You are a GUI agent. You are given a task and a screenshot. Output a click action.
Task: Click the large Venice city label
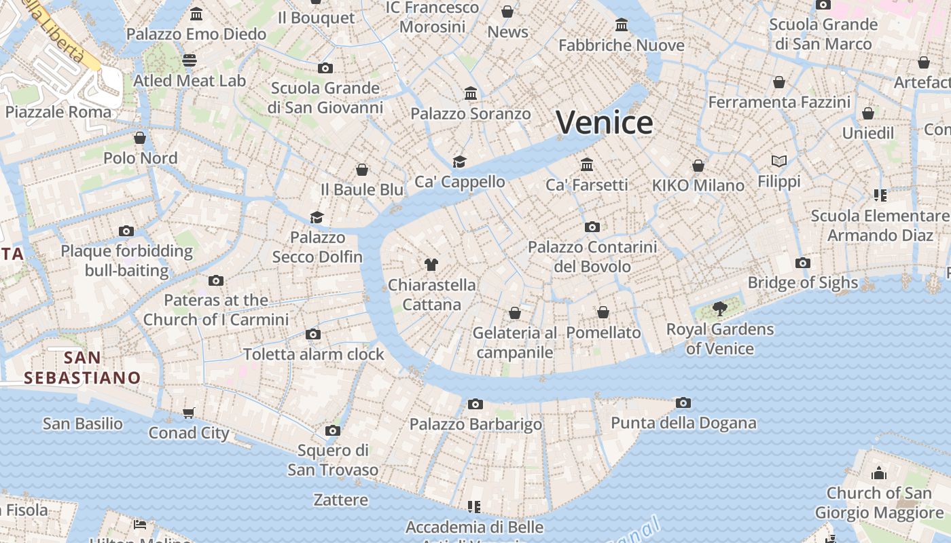(605, 123)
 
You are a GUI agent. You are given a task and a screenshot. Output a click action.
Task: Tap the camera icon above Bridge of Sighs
(803, 263)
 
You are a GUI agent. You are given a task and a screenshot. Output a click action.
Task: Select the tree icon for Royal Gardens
(720, 310)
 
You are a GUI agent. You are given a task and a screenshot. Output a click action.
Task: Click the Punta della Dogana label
(683, 423)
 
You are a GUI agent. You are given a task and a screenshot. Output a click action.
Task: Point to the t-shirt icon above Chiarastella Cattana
(431, 265)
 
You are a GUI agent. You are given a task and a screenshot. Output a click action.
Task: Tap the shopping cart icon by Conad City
(189, 413)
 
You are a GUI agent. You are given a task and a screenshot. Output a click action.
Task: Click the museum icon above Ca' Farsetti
(587, 164)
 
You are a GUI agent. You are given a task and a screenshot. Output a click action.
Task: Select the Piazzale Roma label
(58, 112)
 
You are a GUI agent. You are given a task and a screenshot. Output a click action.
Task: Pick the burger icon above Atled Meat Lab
(190, 60)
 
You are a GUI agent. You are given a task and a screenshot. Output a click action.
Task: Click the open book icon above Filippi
(779, 161)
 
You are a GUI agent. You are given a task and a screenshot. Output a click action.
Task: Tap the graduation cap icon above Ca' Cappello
(460, 162)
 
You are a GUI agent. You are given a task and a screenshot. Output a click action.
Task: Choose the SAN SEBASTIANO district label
(82, 367)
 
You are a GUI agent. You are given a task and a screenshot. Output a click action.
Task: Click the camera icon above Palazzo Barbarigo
(475, 404)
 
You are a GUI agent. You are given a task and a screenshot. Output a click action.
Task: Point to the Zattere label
(341, 500)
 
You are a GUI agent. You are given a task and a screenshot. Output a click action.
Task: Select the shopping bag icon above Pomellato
(603, 312)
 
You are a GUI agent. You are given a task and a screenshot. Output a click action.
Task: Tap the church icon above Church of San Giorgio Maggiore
(880, 472)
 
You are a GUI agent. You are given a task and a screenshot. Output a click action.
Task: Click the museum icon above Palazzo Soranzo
(471, 93)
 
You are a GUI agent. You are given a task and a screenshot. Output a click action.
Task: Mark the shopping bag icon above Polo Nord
(140, 138)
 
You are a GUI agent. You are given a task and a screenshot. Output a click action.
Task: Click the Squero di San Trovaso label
(333, 460)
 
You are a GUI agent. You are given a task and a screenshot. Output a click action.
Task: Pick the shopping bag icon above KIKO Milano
(698, 166)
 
